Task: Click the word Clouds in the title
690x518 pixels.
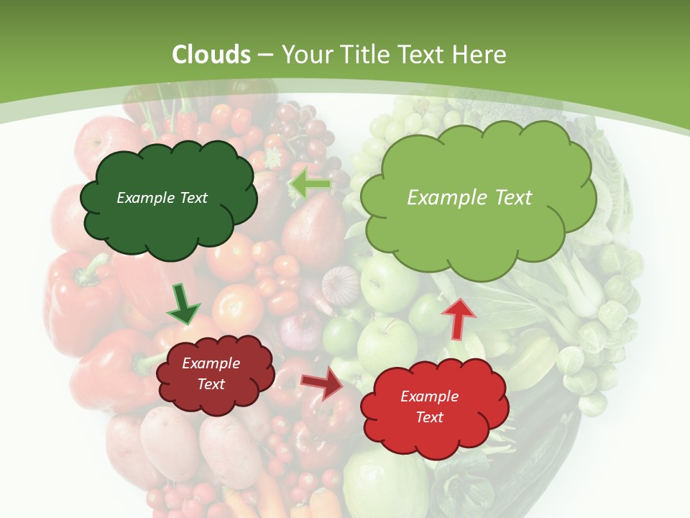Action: (x=211, y=55)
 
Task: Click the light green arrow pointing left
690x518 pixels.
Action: (x=310, y=184)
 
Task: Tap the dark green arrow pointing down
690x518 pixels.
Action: (x=183, y=304)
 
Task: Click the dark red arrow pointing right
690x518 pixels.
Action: (x=323, y=383)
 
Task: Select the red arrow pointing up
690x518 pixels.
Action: (x=458, y=317)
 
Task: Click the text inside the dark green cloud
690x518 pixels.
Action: (x=162, y=198)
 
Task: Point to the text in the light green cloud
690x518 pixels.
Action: (x=469, y=198)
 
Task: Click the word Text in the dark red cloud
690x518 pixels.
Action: (x=211, y=384)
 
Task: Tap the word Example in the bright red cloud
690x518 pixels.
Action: (x=429, y=396)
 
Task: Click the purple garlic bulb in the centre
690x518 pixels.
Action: (x=340, y=283)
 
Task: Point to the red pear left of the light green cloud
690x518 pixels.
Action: (x=314, y=230)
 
